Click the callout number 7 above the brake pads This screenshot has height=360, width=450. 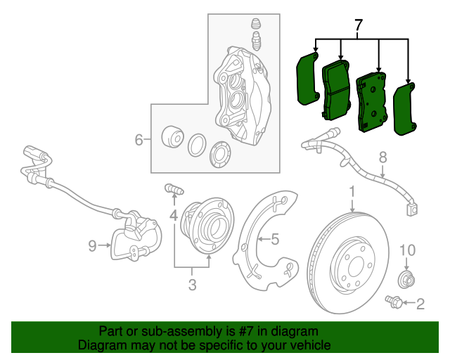click(x=359, y=27)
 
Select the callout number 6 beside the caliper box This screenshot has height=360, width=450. click(x=139, y=140)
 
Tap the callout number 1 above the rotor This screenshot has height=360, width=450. click(x=352, y=191)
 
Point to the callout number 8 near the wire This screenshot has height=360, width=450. click(x=383, y=157)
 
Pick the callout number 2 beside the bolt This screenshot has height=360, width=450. click(x=420, y=304)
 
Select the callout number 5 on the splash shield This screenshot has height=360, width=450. click(x=275, y=240)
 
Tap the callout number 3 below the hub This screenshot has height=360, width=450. click(x=191, y=285)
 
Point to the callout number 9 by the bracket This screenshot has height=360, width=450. click(x=92, y=245)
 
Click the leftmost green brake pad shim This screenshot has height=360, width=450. click(x=307, y=79)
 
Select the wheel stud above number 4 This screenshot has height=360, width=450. click(x=173, y=188)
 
